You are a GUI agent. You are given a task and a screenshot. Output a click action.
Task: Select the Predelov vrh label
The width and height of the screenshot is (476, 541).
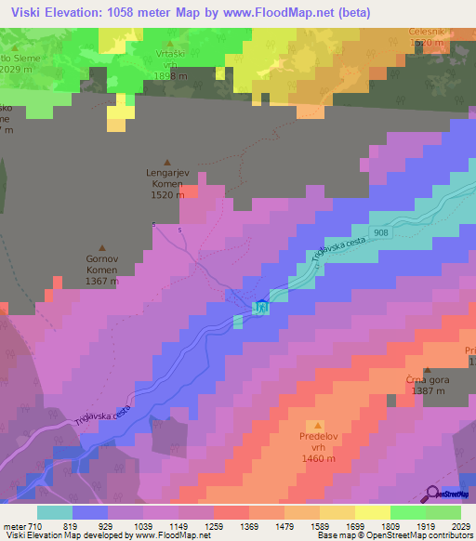coord(317,446)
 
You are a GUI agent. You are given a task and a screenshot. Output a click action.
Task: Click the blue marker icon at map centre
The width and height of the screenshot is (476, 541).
coord(262,306)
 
